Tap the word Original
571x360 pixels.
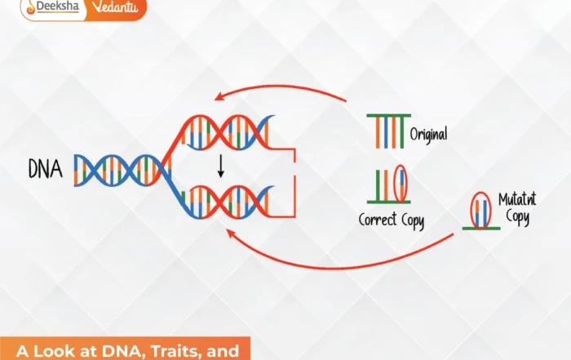tap(429, 132)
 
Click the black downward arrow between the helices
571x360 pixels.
tap(220, 167)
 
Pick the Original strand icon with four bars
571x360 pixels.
tap(388, 131)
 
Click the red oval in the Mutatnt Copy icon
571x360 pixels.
tap(480, 209)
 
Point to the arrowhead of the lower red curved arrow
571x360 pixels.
tap(230, 233)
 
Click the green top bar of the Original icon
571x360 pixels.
tap(388, 117)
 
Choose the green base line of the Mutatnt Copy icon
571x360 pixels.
tap(481, 228)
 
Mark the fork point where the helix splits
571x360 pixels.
tap(169, 169)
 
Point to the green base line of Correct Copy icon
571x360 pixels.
tap(388, 201)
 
